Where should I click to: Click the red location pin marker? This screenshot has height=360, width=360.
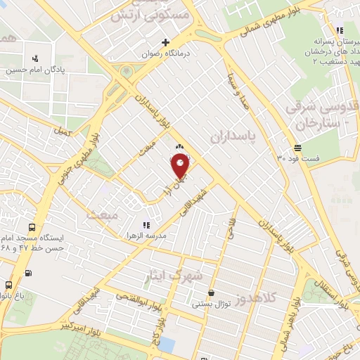(x=180, y=165)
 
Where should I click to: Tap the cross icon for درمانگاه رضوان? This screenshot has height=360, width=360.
(x=166, y=42)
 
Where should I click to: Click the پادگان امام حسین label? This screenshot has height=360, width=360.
(x=36, y=70)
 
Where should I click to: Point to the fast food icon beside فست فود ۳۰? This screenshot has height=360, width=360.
(x=298, y=148)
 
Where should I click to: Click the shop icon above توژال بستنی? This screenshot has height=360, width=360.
(x=211, y=293)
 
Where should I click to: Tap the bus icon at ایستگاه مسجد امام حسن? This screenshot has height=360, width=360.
(x=32, y=229)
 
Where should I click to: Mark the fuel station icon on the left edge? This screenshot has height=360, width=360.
(x=27, y=274)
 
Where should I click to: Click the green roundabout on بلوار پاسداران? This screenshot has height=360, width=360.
(x=127, y=72)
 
